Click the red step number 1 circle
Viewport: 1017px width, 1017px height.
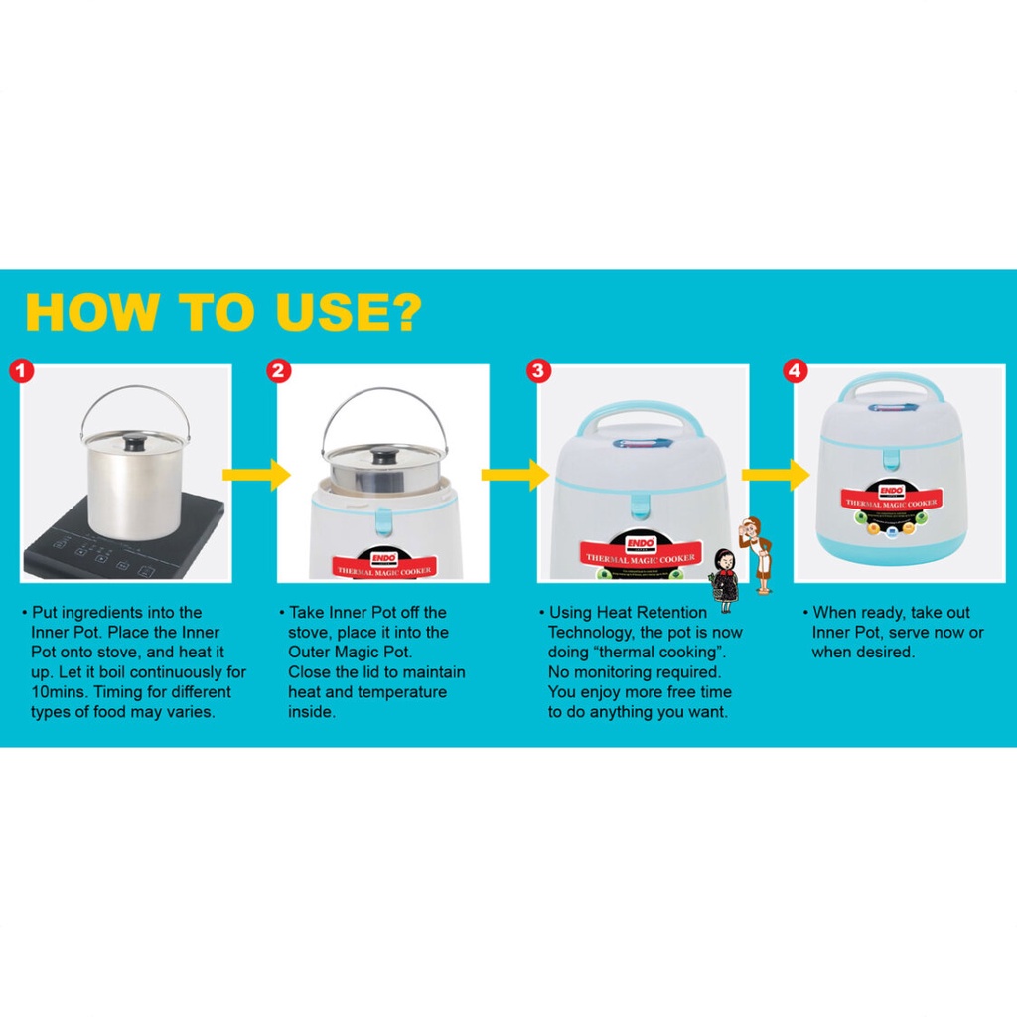21,371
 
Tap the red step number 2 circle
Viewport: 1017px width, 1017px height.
279,371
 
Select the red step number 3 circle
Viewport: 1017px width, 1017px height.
538,371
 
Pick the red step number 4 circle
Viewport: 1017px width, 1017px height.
796,371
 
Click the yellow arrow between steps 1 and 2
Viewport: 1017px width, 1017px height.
257,474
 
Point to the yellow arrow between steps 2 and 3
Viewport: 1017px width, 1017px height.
515,474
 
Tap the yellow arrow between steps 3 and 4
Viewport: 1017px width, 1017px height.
776,474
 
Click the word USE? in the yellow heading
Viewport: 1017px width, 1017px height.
349,313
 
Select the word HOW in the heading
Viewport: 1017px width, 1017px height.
91,313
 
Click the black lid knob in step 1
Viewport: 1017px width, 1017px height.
135,444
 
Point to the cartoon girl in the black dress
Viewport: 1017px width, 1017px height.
725,580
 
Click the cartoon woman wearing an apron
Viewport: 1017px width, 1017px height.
758,554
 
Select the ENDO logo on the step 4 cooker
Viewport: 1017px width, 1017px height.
891,491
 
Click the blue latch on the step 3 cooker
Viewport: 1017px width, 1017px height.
641,506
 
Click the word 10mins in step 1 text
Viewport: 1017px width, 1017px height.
58,692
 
